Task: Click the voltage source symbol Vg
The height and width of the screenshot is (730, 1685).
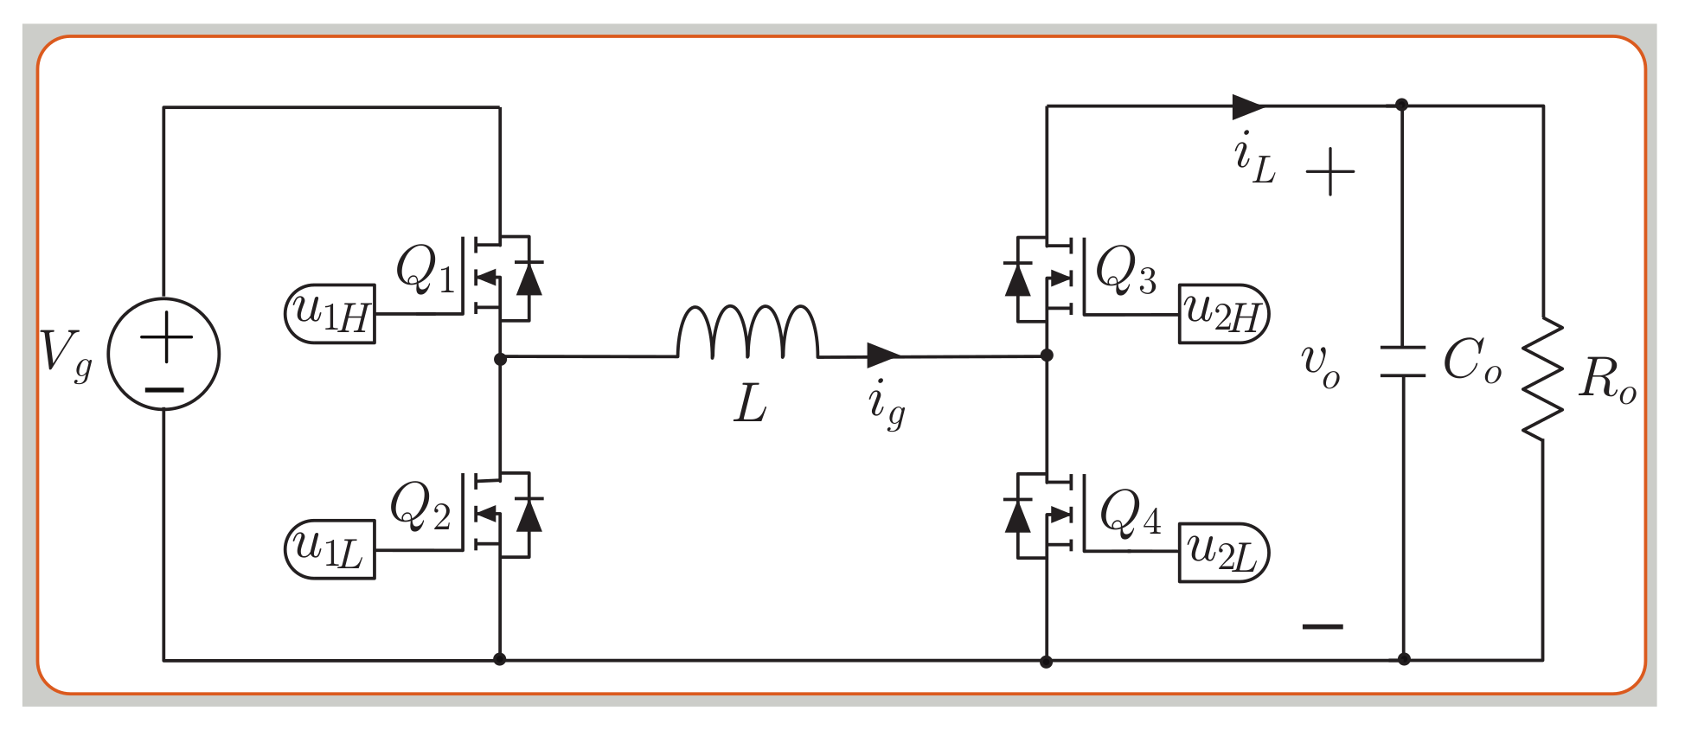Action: click(x=163, y=354)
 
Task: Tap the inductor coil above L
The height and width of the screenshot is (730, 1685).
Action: click(x=747, y=332)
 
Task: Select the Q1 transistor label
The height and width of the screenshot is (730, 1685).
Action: click(x=424, y=269)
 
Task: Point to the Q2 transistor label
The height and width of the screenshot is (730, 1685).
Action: click(x=420, y=506)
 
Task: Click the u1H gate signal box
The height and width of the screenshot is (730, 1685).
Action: click(x=330, y=313)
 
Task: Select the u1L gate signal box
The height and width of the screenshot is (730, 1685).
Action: click(x=330, y=549)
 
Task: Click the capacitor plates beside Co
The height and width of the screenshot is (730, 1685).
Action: click(x=1402, y=362)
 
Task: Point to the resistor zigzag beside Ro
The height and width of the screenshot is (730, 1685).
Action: click(x=1542, y=378)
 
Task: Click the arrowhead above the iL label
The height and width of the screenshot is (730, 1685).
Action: click(x=1248, y=106)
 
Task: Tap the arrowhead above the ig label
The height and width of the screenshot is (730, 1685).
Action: click(x=883, y=355)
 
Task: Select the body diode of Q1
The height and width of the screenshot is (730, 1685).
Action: click(x=529, y=279)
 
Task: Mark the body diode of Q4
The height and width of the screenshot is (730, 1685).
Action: click(x=1018, y=515)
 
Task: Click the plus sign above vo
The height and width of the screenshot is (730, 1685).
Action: click(x=1330, y=171)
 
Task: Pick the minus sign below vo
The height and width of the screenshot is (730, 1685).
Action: click(x=1323, y=626)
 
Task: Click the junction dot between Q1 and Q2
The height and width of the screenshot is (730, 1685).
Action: click(x=500, y=359)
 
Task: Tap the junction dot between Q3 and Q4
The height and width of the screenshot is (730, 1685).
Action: click(x=1047, y=355)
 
